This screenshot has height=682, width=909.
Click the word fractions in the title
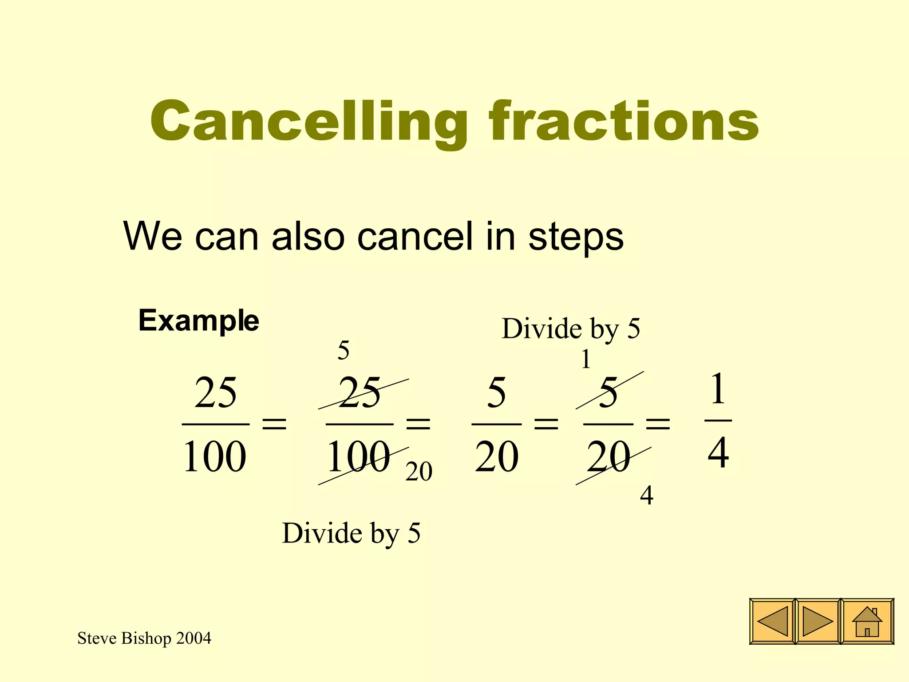pyautogui.click(x=624, y=121)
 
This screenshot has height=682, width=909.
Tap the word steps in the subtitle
pyautogui.click(x=576, y=236)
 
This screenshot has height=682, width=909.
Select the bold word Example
pyautogui.click(x=198, y=321)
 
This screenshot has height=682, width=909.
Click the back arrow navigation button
pyautogui.click(x=772, y=621)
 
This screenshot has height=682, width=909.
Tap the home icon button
pyautogui.click(x=867, y=621)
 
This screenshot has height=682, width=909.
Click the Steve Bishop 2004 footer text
pyautogui.click(x=144, y=638)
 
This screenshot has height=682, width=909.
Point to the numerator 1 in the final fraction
pyautogui.click(x=718, y=389)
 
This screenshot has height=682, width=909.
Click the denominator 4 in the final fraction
pyautogui.click(x=718, y=453)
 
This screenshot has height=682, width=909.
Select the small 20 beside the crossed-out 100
pyautogui.click(x=419, y=472)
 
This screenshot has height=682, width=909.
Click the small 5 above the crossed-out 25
pyautogui.click(x=343, y=351)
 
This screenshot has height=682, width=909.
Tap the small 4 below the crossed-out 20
pyautogui.click(x=646, y=496)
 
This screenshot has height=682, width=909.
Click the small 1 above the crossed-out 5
pyautogui.click(x=586, y=359)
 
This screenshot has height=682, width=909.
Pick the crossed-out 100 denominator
pyautogui.click(x=358, y=457)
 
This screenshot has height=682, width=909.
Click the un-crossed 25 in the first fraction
pyautogui.click(x=215, y=393)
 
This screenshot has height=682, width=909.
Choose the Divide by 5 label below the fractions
pyautogui.click(x=351, y=533)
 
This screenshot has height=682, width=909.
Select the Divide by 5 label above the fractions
pyautogui.click(x=571, y=329)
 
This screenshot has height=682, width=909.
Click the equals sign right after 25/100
pyautogui.click(x=274, y=424)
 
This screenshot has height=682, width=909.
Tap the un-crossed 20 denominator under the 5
pyautogui.click(x=496, y=457)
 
